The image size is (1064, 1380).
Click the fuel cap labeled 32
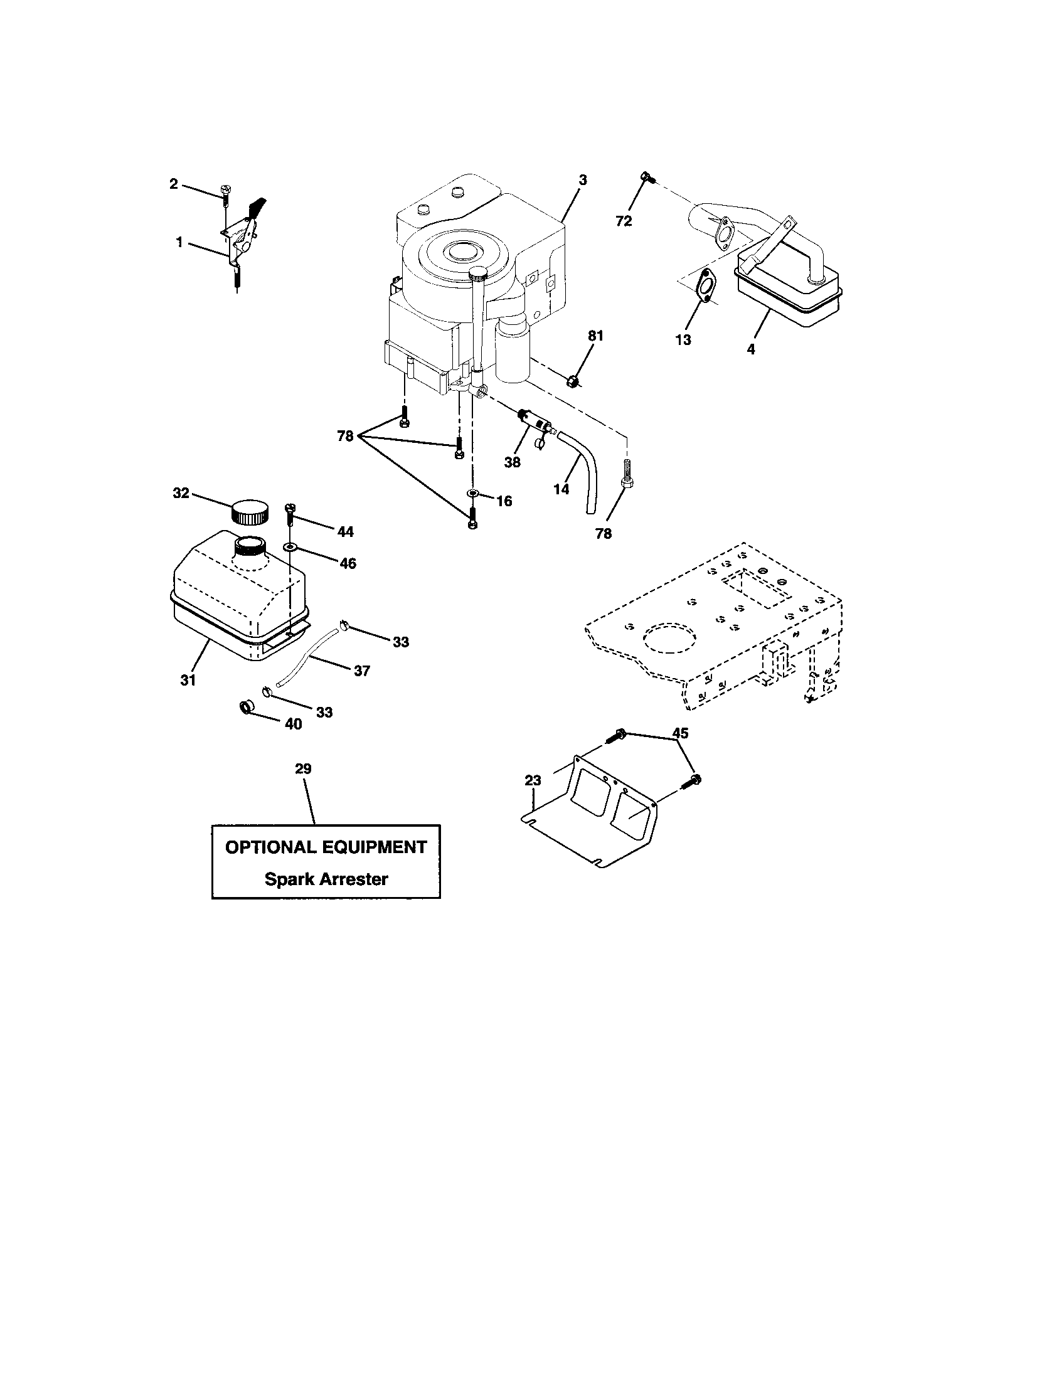click(x=249, y=511)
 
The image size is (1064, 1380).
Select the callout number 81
click(x=596, y=336)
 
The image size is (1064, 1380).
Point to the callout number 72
click(x=624, y=221)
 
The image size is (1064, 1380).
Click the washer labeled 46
click(x=289, y=546)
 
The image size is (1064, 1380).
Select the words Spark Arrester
click(x=326, y=879)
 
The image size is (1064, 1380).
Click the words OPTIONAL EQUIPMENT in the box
click(x=326, y=847)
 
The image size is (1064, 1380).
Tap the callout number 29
click(x=303, y=769)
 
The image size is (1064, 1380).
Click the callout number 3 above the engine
click(x=583, y=180)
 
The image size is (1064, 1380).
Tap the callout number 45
click(x=680, y=733)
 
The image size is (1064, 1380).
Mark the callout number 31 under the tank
click(x=188, y=681)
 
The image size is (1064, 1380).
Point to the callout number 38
click(x=512, y=462)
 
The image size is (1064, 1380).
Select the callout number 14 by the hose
click(x=561, y=489)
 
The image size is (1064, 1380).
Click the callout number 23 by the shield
click(x=533, y=781)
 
